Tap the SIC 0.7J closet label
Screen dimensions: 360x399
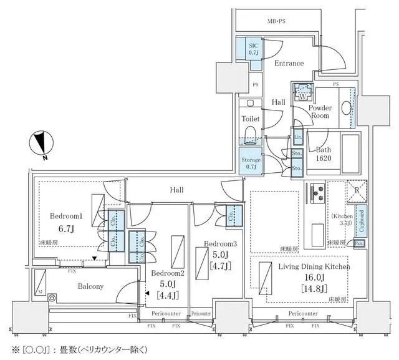tap(254, 49)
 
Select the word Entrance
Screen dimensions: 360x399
tap(289, 63)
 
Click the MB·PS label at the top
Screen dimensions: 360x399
tap(277, 22)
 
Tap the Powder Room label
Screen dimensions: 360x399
tap(320, 112)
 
